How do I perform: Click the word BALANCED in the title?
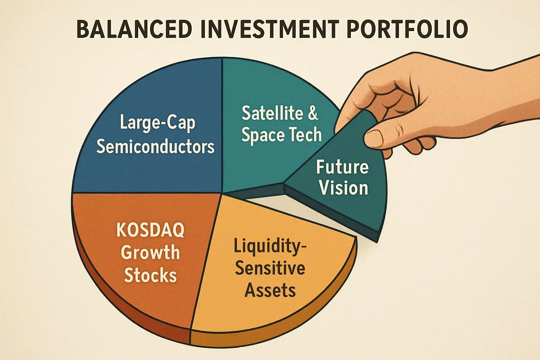134,30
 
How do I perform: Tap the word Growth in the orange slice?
150,252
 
